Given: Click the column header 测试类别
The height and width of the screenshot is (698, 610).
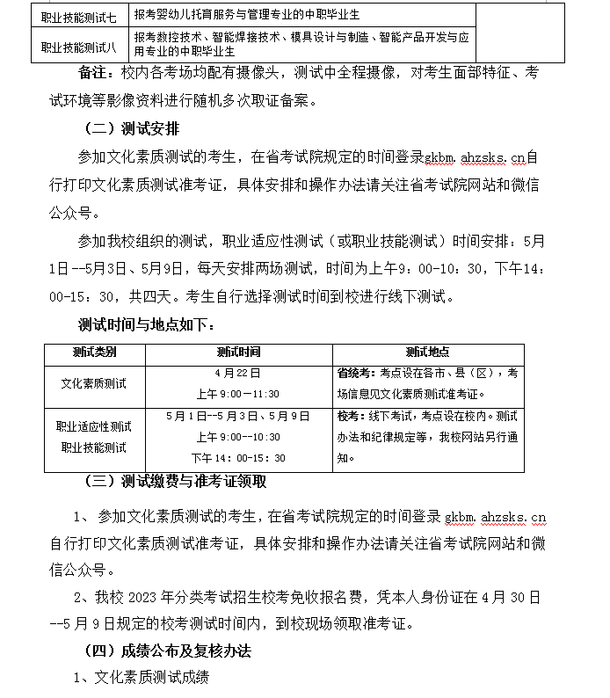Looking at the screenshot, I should [x=94, y=352].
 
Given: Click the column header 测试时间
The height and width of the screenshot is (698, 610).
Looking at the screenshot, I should [x=237, y=352].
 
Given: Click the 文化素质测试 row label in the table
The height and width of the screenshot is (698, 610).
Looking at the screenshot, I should [x=94, y=383].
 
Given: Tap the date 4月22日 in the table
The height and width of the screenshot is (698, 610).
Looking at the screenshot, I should [x=237, y=373].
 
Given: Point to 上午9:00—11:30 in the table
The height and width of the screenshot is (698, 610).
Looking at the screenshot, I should [x=237, y=394].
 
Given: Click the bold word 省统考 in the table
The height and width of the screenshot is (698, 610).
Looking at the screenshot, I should [x=354, y=373].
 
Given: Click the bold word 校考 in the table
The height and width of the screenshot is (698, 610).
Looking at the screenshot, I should [x=349, y=415].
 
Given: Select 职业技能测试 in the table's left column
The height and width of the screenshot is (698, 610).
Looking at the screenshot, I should [x=94, y=447].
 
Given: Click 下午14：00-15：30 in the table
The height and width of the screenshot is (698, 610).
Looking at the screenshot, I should [x=238, y=458].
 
